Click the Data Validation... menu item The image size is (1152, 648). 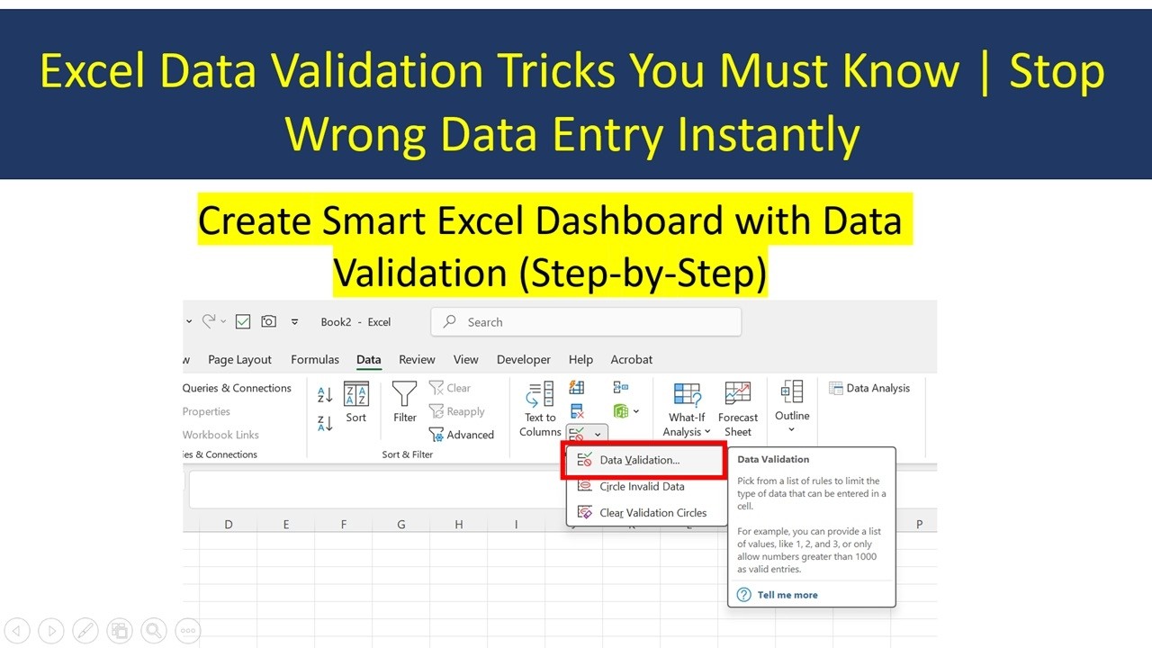[639, 460]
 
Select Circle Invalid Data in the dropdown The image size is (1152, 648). [642, 487]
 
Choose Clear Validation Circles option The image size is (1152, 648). [652, 513]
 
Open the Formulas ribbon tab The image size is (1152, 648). [315, 359]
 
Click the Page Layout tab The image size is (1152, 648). [239, 359]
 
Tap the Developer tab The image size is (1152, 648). [523, 359]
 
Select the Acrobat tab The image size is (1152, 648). [631, 359]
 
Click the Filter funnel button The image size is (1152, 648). [404, 401]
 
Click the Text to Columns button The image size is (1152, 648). [540, 409]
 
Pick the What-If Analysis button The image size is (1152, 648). [687, 409]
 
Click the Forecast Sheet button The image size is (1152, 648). [738, 409]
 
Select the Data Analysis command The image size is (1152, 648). [869, 388]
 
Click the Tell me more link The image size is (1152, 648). [787, 595]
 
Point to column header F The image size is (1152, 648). [344, 524]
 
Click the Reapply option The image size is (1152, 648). [457, 411]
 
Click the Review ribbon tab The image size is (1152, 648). [417, 359]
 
